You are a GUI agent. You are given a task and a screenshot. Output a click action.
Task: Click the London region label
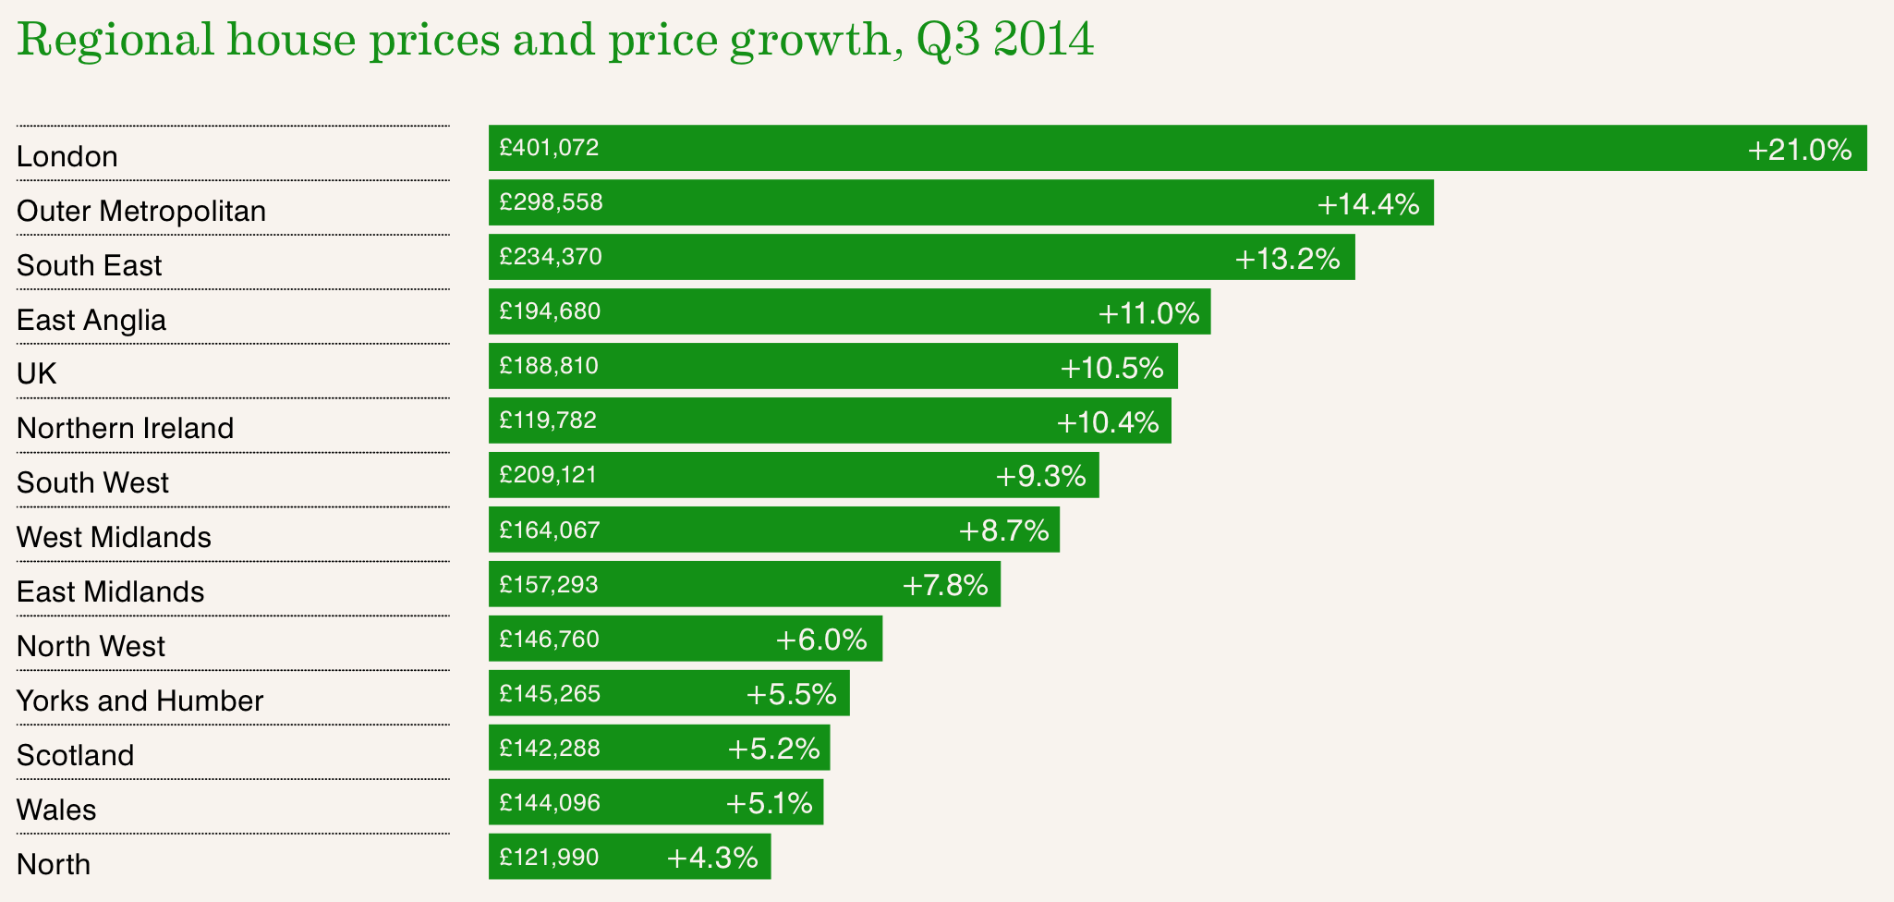coord(67,156)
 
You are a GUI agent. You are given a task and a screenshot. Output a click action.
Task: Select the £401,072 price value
coord(549,148)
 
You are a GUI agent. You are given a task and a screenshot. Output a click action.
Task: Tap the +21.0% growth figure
coord(1799,150)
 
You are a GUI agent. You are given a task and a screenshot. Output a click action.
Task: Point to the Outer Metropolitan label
coord(141,211)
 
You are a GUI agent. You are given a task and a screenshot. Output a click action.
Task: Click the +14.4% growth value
coord(1367,204)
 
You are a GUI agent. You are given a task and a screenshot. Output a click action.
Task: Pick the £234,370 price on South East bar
coord(551,257)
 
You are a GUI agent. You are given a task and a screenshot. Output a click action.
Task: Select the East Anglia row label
coord(91,320)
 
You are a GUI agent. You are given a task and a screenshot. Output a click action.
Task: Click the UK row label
coord(37,373)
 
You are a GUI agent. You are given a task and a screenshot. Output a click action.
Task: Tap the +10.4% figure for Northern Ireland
coord(1107,422)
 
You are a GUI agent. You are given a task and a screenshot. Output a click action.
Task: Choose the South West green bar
coord(795,475)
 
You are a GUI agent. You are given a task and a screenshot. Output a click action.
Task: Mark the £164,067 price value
coord(550,530)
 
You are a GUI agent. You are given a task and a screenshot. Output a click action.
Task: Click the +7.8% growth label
coord(944,585)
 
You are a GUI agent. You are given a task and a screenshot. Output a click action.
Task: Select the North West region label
coord(91,646)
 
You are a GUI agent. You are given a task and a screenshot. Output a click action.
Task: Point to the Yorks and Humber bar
coord(669,693)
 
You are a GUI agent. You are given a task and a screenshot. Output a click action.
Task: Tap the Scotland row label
coord(76,755)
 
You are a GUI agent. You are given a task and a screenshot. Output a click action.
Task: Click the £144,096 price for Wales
coord(550,803)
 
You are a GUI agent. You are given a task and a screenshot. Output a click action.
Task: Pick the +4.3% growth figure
coord(711,858)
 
